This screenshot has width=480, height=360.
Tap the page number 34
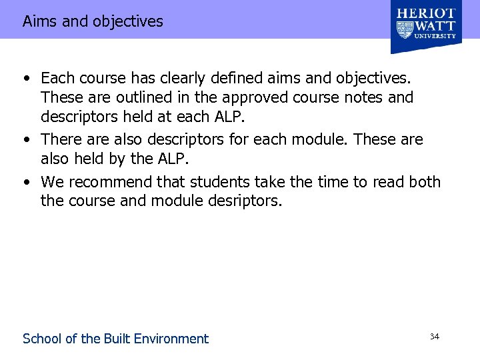tap(434, 337)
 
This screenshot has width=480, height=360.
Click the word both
tap(424, 182)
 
